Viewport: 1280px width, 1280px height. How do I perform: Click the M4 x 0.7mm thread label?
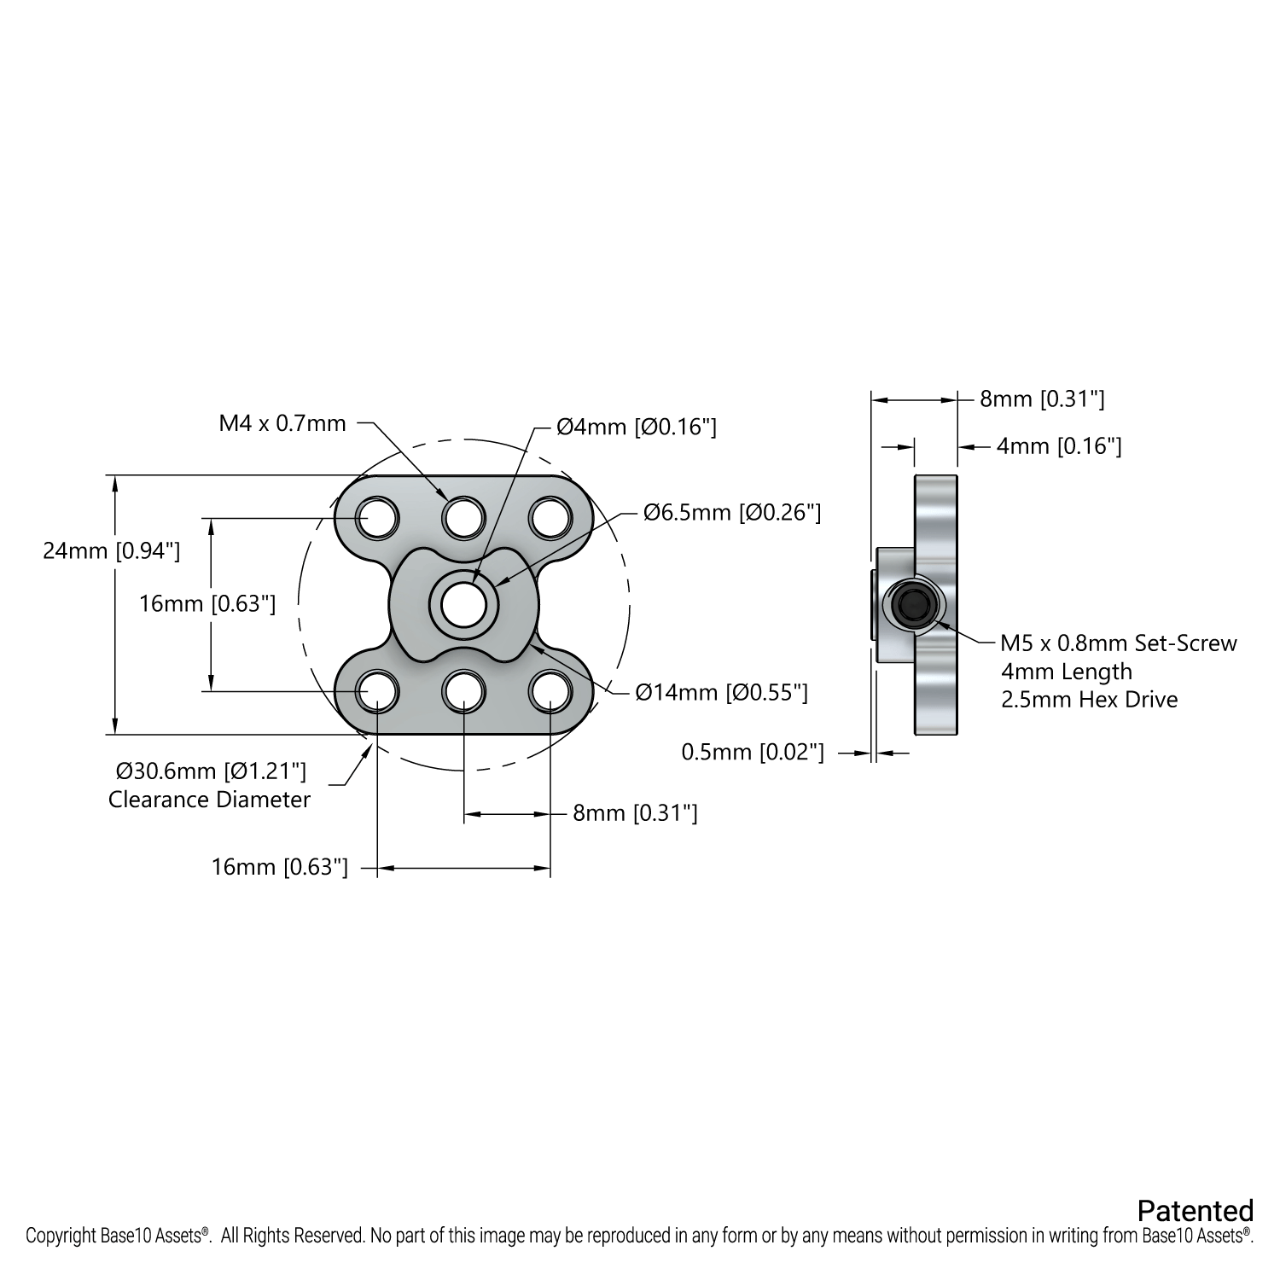(x=282, y=422)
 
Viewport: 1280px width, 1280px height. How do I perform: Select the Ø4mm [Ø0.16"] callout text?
(x=636, y=427)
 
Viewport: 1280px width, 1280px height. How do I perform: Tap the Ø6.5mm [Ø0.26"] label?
(x=732, y=512)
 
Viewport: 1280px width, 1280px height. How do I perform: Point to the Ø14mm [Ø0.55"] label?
(x=722, y=692)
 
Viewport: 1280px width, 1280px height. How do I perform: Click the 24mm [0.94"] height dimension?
(x=112, y=551)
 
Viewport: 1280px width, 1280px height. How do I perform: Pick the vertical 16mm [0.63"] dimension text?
(x=207, y=604)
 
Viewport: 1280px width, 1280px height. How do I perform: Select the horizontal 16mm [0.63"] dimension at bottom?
(x=280, y=868)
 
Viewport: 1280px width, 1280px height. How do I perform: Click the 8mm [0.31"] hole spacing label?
(x=635, y=813)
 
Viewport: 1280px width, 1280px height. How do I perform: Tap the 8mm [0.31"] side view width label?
(x=1042, y=399)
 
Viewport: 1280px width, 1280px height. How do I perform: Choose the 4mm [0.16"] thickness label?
(x=1059, y=446)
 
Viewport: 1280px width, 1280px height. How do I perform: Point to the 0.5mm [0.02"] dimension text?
(x=753, y=752)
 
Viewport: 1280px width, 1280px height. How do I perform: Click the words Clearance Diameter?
(x=209, y=800)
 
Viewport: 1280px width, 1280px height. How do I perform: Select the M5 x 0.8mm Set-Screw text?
(x=1118, y=643)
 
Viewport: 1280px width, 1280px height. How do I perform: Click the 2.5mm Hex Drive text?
(x=1089, y=700)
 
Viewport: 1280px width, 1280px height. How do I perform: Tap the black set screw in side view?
(x=914, y=605)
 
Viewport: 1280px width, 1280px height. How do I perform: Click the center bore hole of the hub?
(x=464, y=604)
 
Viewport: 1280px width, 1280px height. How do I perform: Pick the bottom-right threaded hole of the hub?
(x=550, y=690)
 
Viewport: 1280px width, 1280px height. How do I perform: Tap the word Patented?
(x=1195, y=1210)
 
